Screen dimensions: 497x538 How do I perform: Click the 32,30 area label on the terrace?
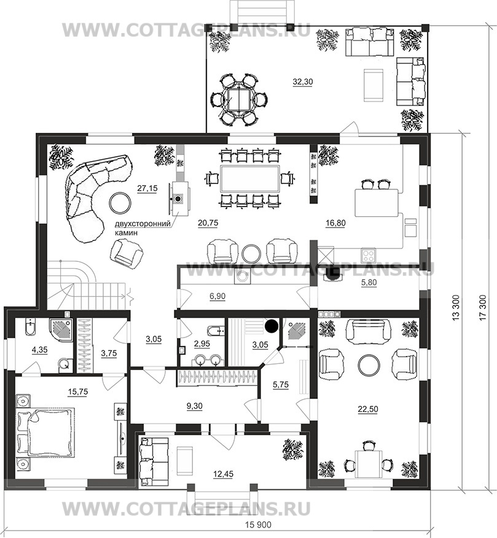point(303,82)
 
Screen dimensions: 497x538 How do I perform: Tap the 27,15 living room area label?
point(147,188)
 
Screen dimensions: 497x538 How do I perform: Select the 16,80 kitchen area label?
point(335,223)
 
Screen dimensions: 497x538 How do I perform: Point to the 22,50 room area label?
point(368,409)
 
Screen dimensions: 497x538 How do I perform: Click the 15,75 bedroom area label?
point(78,392)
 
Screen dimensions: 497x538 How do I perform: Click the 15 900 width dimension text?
point(259,525)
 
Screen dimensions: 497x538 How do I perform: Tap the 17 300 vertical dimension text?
point(483,307)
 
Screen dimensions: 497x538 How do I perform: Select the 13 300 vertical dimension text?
point(455,307)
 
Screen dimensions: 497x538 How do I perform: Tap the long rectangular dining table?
point(250,179)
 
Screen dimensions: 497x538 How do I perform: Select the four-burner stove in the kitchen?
point(369,255)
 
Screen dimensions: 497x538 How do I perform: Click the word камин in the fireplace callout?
point(126,232)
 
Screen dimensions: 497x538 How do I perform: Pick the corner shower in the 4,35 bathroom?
point(61,329)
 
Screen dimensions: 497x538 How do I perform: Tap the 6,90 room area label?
point(217,296)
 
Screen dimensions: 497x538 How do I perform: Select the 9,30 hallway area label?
point(194,406)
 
